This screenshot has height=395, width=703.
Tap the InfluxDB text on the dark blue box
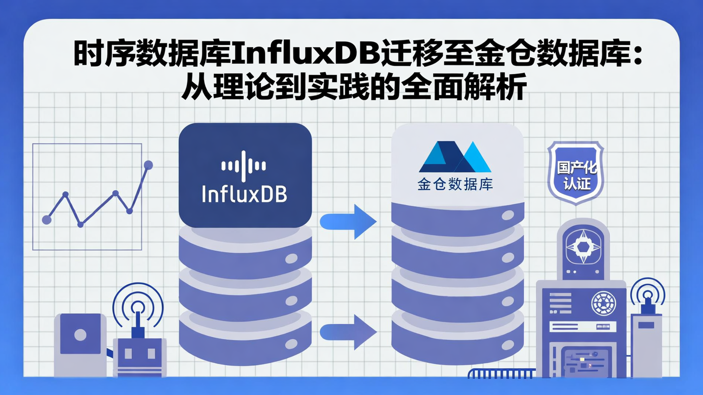[x=245, y=194]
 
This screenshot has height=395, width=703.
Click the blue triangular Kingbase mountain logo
[x=455, y=157]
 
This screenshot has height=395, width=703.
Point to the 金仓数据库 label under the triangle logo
[x=455, y=185]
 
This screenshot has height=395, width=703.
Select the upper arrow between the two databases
[x=348, y=222]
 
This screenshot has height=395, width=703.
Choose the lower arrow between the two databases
[x=348, y=332]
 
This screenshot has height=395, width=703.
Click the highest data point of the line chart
[x=148, y=165]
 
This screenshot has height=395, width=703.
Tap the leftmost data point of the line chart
[x=47, y=219]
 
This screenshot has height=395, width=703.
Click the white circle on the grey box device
[x=80, y=335]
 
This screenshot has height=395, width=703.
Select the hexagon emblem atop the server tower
[x=582, y=247]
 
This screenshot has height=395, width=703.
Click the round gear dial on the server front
[x=603, y=303]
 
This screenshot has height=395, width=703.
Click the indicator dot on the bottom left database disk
[x=291, y=344]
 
